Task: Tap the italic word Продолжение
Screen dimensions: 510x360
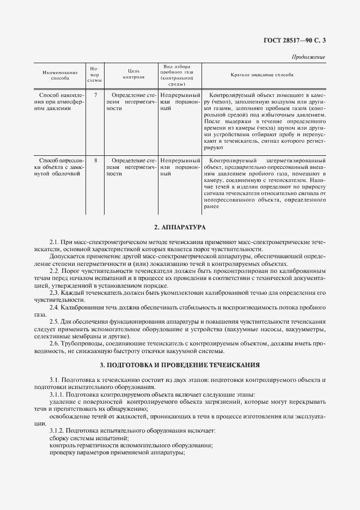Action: click(309, 57)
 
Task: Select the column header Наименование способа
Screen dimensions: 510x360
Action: click(60, 75)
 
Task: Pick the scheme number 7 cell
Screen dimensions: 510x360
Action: click(95, 95)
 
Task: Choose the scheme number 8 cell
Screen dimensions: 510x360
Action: click(95, 161)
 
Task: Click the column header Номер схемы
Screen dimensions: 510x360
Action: click(95, 75)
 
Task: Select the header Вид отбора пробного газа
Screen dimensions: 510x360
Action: click(177, 75)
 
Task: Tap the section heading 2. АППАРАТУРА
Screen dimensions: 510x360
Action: click(180, 227)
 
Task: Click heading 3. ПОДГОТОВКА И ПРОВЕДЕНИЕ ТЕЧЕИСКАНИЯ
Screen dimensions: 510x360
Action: click(180, 364)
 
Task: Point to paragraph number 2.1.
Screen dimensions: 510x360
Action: click(54, 241)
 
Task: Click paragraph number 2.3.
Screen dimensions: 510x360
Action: click(54, 293)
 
